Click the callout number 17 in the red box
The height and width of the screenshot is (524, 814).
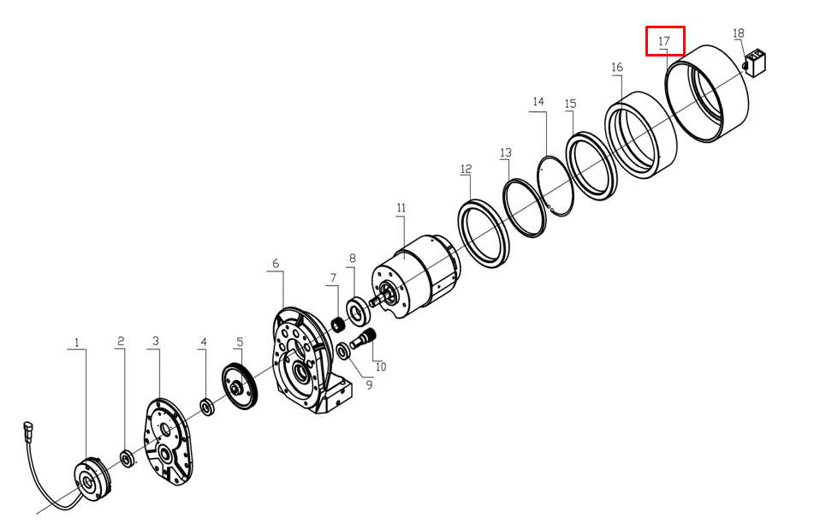pyautogui.click(x=664, y=41)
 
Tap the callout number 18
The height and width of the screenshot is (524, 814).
pyautogui.click(x=738, y=33)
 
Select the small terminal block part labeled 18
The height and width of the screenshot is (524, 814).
pyautogui.click(x=755, y=63)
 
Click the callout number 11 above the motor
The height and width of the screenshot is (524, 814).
pyautogui.click(x=401, y=208)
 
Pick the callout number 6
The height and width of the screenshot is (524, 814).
pyautogui.click(x=275, y=264)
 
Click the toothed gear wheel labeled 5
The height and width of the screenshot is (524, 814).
pyautogui.click(x=240, y=387)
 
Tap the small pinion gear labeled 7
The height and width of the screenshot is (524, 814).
pyautogui.click(x=339, y=326)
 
